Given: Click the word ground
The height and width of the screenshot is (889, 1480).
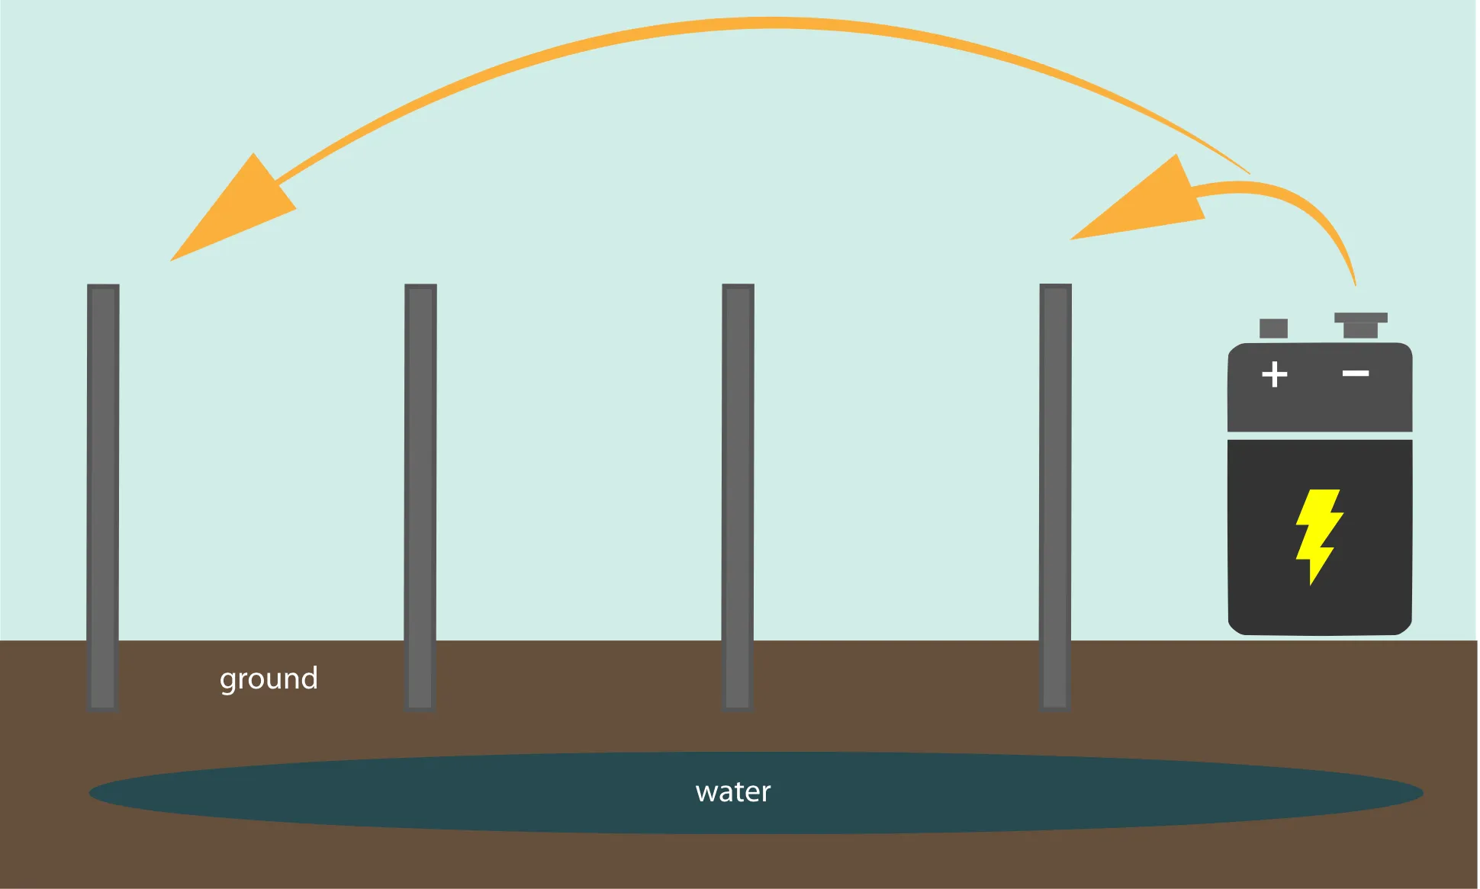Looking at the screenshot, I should click(269, 679).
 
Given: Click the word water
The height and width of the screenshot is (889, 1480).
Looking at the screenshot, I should click(733, 791).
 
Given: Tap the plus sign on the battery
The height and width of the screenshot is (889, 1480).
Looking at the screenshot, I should click(1274, 374).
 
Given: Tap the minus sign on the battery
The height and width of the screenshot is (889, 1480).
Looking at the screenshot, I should click(1356, 373).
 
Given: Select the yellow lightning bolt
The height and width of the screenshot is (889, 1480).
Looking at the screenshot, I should click(1318, 536).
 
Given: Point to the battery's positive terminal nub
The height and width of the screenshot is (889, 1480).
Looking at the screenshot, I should click(1273, 329).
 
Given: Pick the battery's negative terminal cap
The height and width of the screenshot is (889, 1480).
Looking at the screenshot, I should click(1360, 324).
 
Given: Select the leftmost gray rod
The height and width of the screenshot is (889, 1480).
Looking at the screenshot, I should click(103, 496).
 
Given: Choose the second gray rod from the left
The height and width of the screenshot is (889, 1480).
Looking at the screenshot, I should click(420, 496).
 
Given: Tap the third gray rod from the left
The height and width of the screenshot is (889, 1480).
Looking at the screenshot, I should click(738, 496).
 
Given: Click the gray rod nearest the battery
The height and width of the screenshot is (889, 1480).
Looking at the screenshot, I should click(1055, 496).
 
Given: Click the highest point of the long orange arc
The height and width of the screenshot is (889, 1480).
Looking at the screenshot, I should click(771, 23).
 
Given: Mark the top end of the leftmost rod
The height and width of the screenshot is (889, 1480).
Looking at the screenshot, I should click(103, 288).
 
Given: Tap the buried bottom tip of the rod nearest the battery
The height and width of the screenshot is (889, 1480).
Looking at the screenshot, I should click(1055, 706).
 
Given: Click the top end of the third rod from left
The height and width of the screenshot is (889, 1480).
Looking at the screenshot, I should click(738, 288).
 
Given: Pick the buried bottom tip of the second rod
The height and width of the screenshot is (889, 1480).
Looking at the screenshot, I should click(420, 706).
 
